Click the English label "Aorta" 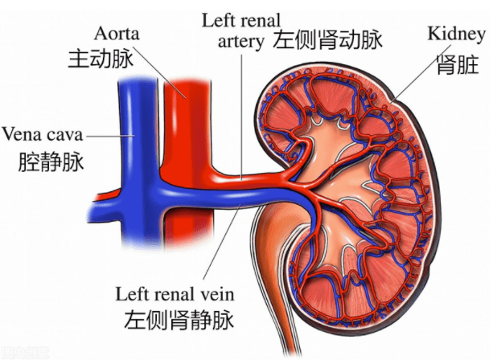(x=117, y=34)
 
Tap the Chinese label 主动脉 (x=101, y=59)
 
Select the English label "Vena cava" (x=43, y=134)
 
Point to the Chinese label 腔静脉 (x=51, y=162)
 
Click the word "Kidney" (x=457, y=35)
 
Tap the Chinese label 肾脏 (x=458, y=64)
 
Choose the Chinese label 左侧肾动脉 (x=327, y=39)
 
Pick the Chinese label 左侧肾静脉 (x=179, y=320)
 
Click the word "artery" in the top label (x=241, y=42)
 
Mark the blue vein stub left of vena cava (x=105, y=211)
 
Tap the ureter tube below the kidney (x=280, y=283)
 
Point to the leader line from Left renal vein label (x=223, y=241)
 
